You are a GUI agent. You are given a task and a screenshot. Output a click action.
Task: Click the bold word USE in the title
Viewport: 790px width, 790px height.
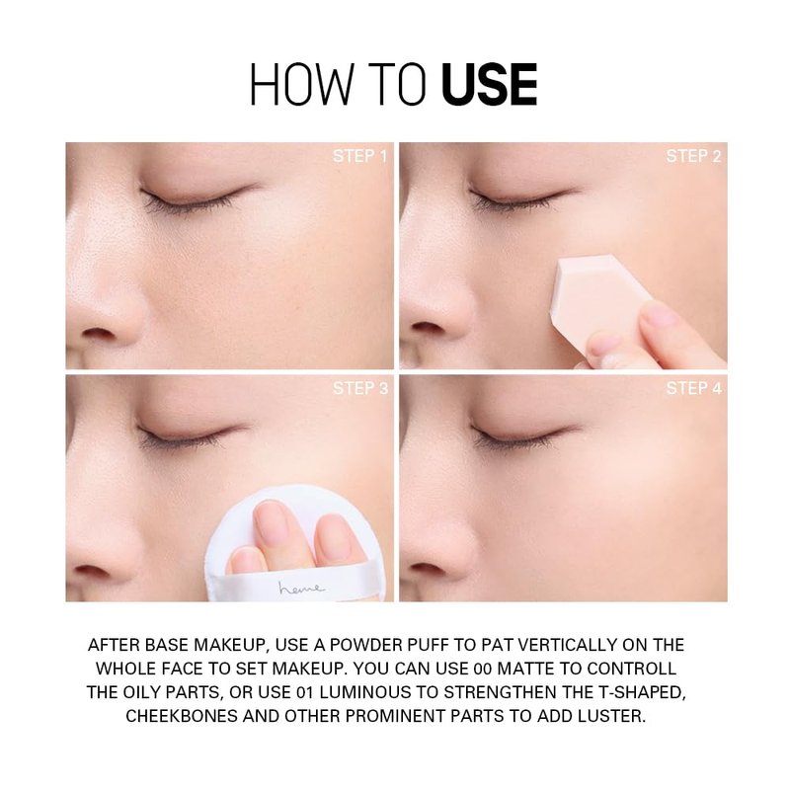click(x=489, y=84)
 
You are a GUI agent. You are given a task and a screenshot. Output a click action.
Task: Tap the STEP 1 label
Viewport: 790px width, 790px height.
click(x=359, y=156)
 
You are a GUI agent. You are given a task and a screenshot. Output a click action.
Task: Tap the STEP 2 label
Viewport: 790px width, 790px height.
click(x=694, y=156)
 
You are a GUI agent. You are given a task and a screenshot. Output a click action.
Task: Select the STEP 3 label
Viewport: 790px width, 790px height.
click(x=360, y=388)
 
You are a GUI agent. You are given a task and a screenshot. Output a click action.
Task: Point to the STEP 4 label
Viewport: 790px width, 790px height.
click(x=694, y=388)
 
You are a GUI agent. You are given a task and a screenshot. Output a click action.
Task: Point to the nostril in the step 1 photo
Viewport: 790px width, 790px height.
click(x=98, y=333)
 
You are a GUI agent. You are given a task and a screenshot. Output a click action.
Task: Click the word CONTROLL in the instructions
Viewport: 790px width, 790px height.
click(x=631, y=669)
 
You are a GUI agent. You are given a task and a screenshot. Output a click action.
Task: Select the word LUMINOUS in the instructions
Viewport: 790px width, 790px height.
click(x=365, y=692)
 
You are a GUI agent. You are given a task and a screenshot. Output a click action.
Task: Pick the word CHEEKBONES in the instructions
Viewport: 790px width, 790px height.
click(x=182, y=716)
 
